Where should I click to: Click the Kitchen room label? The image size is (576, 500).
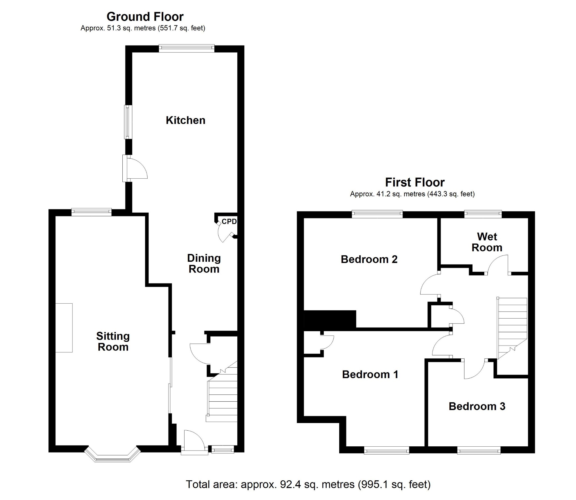[x=185, y=120]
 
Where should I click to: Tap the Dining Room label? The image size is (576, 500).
[x=204, y=263]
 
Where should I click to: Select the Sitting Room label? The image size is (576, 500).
[x=113, y=341]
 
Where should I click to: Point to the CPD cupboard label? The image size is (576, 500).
[x=229, y=221]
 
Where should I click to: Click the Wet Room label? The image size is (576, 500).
[x=487, y=242]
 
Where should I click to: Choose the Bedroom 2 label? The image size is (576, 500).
[x=369, y=259]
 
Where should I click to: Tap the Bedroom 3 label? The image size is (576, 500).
[x=477, y=406]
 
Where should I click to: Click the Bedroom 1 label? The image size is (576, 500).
[x=370, y=374]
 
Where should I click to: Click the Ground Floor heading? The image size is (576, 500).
[x=145, y=17]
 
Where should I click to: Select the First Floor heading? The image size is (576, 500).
[x=415, y=183]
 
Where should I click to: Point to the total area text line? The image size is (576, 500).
[x=308, y=484]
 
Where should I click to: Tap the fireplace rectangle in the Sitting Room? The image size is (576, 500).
[x=64, y=328]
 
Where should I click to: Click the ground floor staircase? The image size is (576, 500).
[x=222, y=399]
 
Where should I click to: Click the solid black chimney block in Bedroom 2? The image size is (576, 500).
[x=330, y=320]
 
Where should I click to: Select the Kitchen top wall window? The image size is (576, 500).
[x=186, y=48]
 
